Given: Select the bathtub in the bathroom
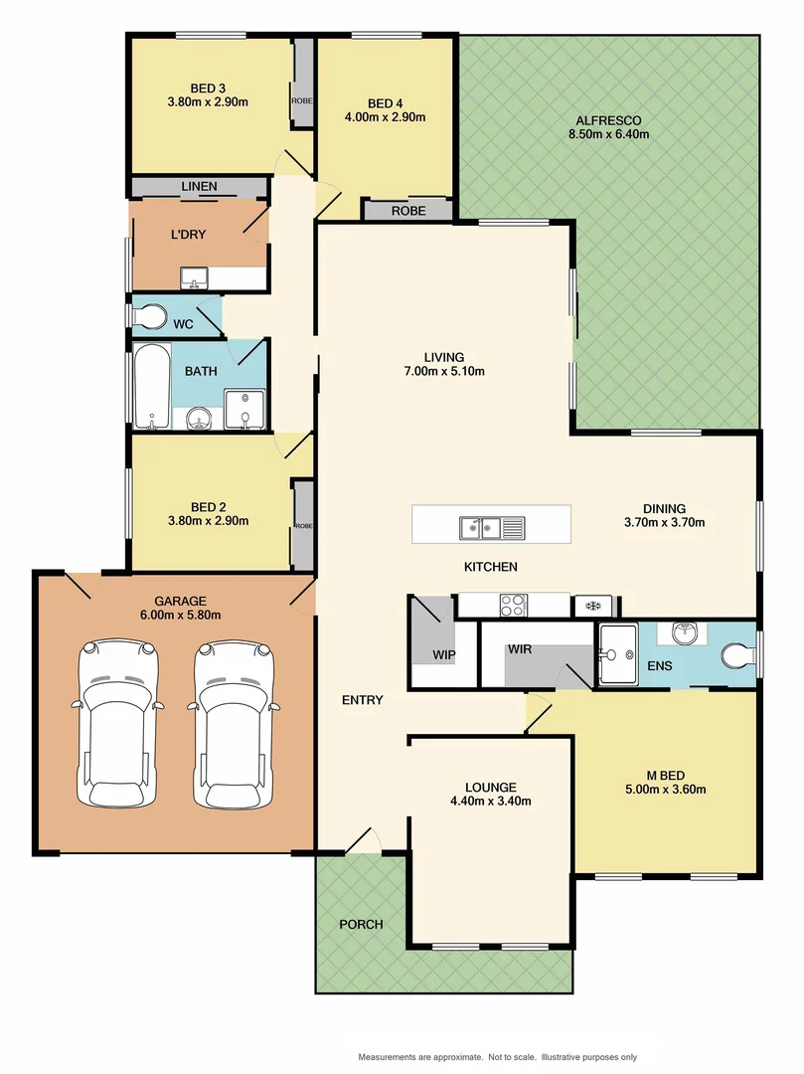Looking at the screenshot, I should pos(152,387).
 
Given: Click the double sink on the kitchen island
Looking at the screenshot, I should pos(491,527).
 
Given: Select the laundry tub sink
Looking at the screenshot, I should pos(194,277).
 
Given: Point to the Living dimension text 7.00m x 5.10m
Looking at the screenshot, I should pos(443,372).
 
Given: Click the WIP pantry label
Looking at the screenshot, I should pos(443,655).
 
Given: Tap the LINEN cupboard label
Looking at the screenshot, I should pos(199,187).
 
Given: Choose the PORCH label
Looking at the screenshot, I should pos(361,924).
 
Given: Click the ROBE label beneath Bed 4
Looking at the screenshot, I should pos(407,211).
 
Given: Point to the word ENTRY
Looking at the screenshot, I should pos(363,700).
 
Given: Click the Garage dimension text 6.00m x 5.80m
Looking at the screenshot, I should pos(180,615).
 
